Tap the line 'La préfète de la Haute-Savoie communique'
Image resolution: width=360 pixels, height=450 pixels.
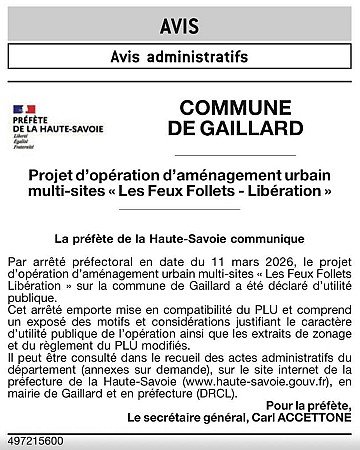180,239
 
